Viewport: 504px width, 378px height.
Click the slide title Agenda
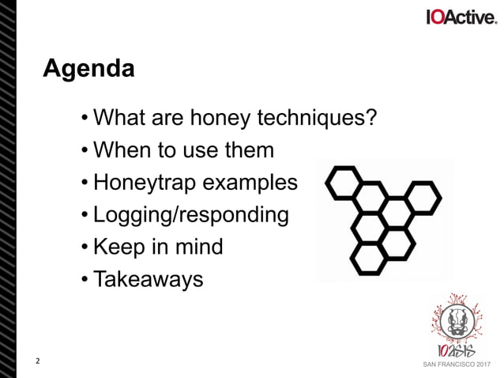[x=88, y=69]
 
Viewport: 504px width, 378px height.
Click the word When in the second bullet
[x=119, y=150]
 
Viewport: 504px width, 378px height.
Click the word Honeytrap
[x=145, y=183]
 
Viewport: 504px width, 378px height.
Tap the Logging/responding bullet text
[x=190, y=215]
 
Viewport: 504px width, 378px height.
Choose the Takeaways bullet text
[x=148, y=279]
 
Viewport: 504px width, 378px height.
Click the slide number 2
[x=37, y=363]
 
